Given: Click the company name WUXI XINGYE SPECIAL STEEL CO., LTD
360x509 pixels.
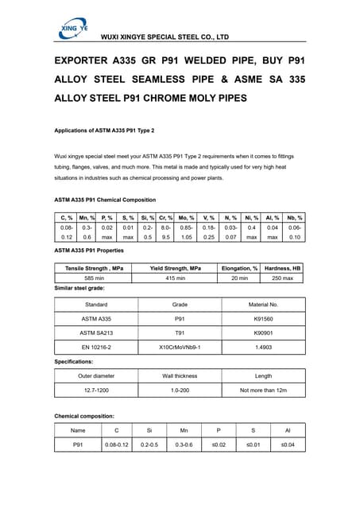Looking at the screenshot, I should (x=165, y=37).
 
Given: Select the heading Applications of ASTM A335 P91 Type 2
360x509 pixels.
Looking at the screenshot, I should (x=103, y=130).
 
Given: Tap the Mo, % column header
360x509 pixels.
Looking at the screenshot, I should (x=187, y=217).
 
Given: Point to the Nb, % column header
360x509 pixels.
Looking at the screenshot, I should (x=295, y=217).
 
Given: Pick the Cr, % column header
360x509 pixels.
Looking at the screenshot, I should (x=166, y=217).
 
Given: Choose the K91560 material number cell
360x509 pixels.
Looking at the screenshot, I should (x=263, y=318).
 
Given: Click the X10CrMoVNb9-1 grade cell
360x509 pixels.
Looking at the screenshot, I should (x=180, y=348).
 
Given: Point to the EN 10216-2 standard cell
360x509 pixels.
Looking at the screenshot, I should (x=96, y=348).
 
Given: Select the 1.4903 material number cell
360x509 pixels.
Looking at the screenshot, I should (x=263, y=348).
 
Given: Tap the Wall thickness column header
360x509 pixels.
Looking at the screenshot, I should (x=180, y=376).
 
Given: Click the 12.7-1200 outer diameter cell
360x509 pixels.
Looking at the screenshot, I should (x=96, y=390).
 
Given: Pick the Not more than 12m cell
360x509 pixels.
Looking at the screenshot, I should (x=263, y=390).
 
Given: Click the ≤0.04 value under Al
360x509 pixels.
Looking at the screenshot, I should (x=287, y=445).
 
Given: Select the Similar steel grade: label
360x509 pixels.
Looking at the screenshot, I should (x=79, y=288).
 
